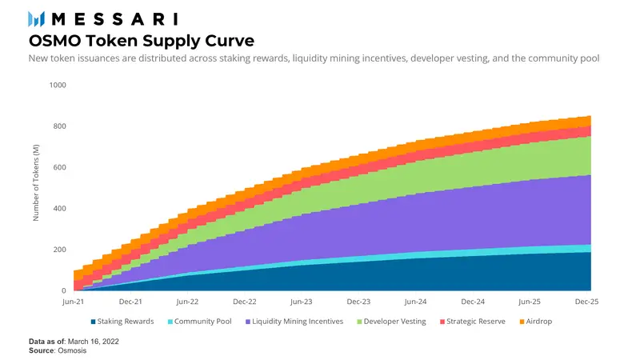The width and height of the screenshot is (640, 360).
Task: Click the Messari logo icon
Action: (37, 18)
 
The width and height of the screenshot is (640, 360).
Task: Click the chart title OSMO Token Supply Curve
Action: (142, 40)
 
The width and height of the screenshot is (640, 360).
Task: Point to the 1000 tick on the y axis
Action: (58, 85)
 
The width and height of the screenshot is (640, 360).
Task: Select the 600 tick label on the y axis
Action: (60, 167)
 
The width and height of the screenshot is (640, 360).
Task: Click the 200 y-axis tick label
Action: (60, 250)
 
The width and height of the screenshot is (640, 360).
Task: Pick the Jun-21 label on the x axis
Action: (73, 302)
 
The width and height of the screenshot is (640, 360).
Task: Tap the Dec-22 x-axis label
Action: (245, 302)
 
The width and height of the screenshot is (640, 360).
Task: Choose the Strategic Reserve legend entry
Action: (473, 322)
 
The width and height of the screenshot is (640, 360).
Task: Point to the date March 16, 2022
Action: (98, 342)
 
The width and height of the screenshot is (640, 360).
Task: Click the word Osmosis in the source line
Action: (74, 350)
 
